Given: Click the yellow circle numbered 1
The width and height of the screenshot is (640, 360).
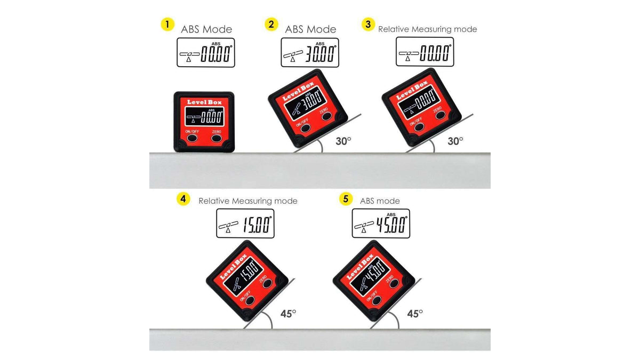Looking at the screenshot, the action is tap(167, 25).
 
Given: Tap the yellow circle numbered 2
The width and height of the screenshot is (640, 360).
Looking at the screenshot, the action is tap(271, 25).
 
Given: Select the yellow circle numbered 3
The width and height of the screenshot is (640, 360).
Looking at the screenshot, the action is tap(369, 25).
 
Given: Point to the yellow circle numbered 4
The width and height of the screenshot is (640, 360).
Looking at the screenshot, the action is tap(183, 198).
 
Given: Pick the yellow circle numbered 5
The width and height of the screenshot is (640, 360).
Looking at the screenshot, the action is tap(346, 198).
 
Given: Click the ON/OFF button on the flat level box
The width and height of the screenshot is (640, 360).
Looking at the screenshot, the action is tap(192, 138).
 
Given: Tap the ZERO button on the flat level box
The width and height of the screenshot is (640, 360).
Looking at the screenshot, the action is tap(217, 138).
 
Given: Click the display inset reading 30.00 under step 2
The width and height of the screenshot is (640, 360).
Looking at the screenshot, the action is tap(310, 53).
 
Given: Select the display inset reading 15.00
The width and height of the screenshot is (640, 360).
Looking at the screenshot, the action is tap(245, 223).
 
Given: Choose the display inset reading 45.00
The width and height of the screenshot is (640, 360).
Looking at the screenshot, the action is tap(381, 223).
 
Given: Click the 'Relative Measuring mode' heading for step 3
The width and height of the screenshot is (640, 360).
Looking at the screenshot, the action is tap(427, 29).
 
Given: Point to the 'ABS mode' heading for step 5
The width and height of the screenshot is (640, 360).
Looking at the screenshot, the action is tap(380, 201).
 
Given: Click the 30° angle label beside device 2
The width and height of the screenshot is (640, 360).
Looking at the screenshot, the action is tap(343, 141).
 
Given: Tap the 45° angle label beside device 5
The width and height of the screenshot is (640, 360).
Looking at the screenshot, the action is tap(415, 314).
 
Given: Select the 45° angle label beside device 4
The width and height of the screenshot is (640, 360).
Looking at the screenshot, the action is tap(288, 314).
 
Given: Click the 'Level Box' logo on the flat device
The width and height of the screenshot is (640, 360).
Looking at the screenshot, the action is tap(204, 102).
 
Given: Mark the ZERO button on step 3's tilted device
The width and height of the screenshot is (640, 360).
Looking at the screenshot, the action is tap(440, 115).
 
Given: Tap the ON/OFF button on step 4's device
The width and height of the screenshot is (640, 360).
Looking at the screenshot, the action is tap(250, 300).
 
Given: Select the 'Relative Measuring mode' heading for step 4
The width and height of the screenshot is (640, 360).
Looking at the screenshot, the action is tap(247, 201).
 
